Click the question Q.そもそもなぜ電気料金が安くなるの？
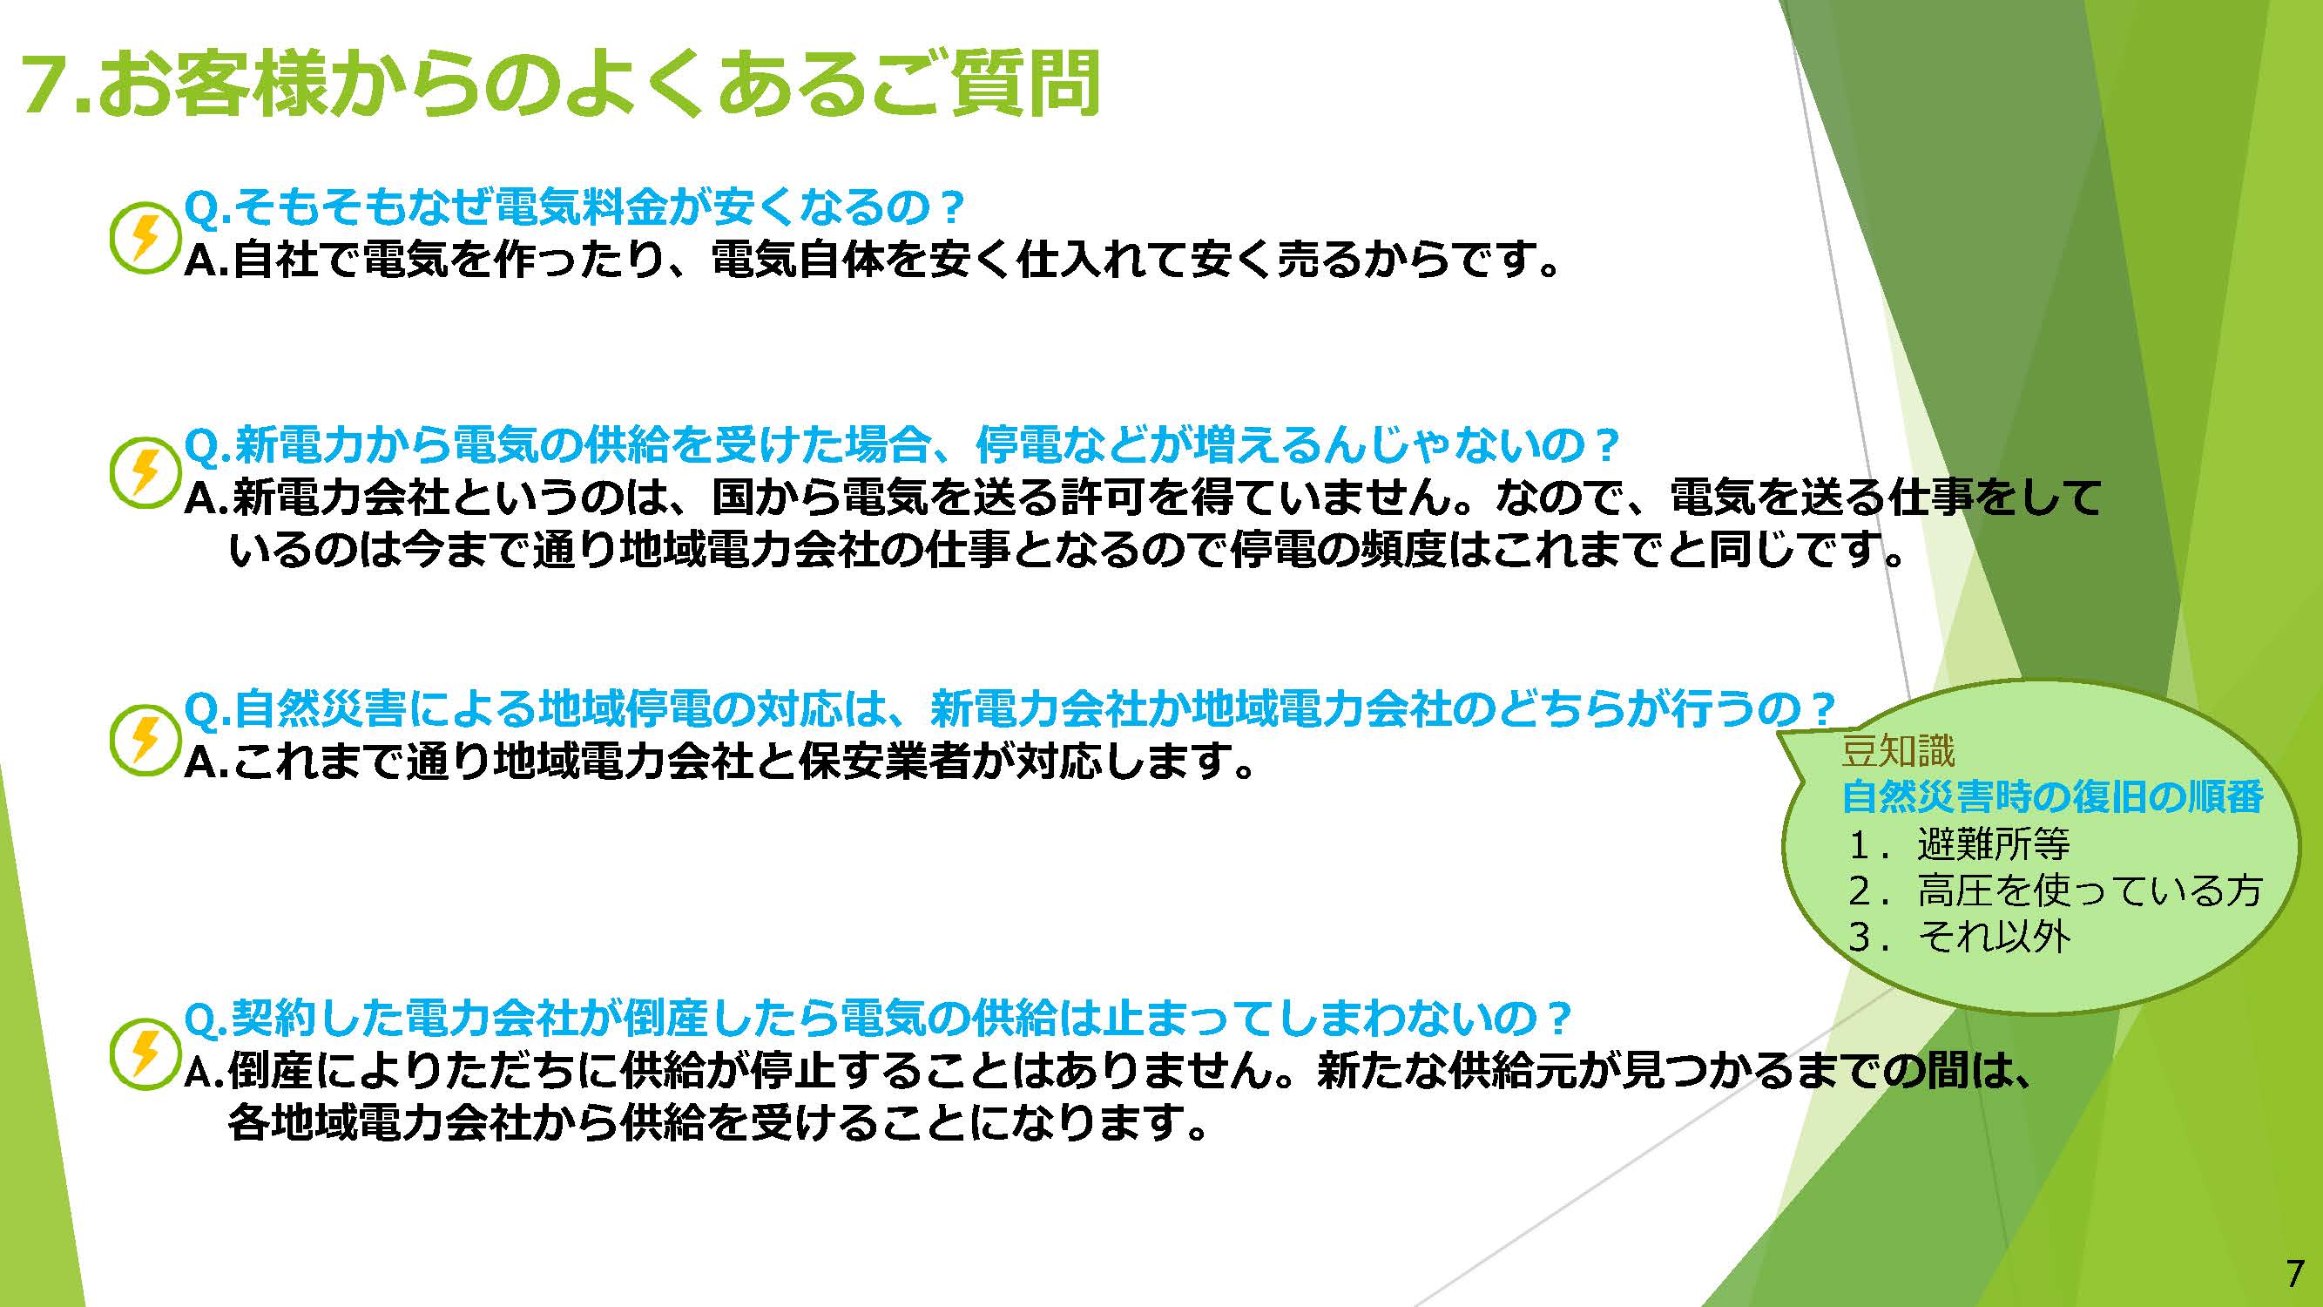point(575,208)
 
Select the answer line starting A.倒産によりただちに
point(1108,1072)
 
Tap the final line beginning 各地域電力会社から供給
point(718,1124)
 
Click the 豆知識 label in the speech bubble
point(1898,750)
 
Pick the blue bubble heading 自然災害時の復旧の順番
point(2052,796)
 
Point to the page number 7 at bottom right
point(2295,1274)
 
